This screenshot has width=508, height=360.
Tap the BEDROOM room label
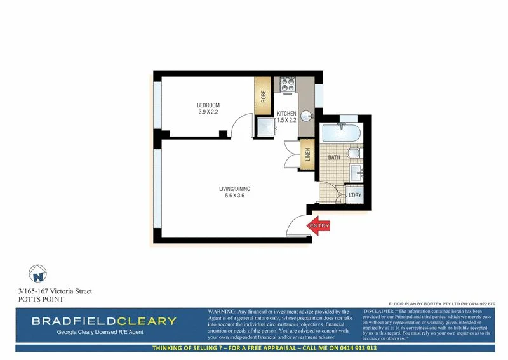point(208,105)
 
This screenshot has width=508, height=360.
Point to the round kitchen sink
point(306,116)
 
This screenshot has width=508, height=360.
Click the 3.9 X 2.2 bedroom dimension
point(208,112)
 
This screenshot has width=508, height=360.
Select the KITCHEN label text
point(286,113)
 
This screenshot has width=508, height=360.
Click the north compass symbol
point(39,275)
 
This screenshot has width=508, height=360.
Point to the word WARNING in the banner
point(221,312)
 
